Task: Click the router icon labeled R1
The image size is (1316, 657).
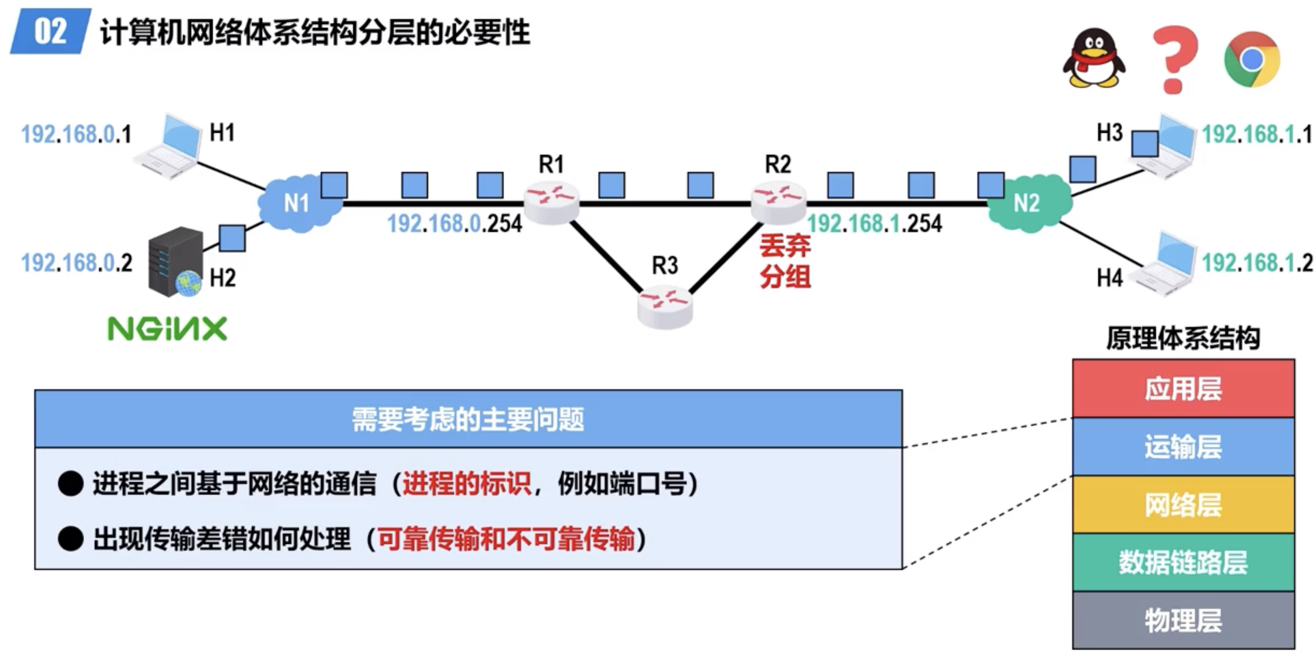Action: click(552, 203)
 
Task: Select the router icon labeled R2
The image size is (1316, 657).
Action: click(778, 203)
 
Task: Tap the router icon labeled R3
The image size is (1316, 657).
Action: click(665, 305)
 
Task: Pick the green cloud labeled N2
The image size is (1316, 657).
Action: click(1028, 203)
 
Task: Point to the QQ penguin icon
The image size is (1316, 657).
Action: click(1094, 58)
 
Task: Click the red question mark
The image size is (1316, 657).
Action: click(1175, 59)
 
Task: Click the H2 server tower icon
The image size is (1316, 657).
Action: click(175, 262)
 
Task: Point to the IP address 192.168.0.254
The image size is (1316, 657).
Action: click(455, 224)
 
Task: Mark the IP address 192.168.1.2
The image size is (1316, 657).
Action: click(1257, 264)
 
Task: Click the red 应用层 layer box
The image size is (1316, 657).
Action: click(1183, 389)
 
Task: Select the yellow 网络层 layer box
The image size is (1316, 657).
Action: click(1183, 505)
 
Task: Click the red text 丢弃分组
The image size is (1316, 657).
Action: click(785, 262)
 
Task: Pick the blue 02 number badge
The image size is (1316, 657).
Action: click(50, 31)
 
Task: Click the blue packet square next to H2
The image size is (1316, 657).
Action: click(232, 238)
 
